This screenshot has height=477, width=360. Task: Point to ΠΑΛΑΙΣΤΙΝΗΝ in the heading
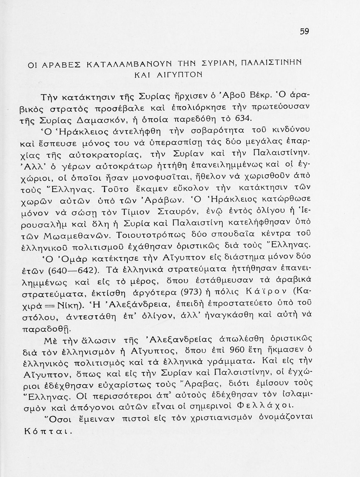point(271,62)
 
